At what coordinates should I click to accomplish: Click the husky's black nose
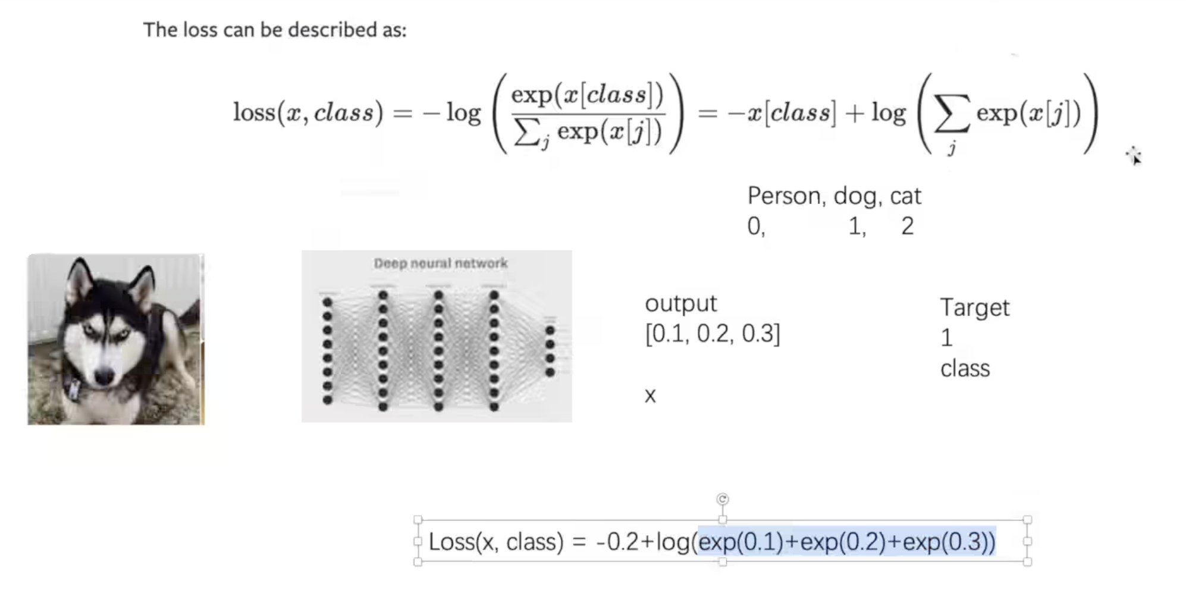point(105,376)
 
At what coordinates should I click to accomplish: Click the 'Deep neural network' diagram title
point(440,263)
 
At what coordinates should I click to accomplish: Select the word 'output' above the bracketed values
point(680,304)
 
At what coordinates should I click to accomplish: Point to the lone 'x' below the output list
point(650,395)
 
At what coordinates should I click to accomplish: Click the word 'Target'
point(974,307)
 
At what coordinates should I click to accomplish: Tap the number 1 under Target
point(946,338)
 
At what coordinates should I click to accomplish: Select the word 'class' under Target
point(965,369)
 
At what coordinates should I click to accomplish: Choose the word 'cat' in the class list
point(905,196)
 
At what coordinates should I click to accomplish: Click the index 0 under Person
point(754,226)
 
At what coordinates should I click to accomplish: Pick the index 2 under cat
point(907,226)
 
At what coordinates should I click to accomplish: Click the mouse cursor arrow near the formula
point(1135,158)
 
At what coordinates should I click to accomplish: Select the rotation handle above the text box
point(722,499)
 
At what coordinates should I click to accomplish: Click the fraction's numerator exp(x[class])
point(587,95)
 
